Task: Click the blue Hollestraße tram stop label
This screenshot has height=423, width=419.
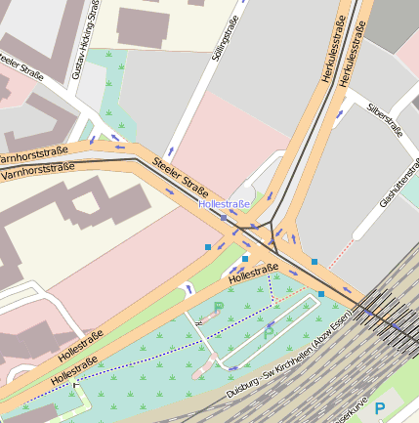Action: click(x=224, y=204)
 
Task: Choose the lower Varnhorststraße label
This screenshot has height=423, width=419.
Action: click(x=39, y=171)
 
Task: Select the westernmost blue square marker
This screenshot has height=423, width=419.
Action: click(x=208, y=247)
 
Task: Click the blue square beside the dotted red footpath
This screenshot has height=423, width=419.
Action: click(x=314, y=261)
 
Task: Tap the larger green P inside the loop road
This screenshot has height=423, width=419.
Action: click(x=268, y=333)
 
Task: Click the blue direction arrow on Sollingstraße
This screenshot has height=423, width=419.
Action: click(x=170, y=150)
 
